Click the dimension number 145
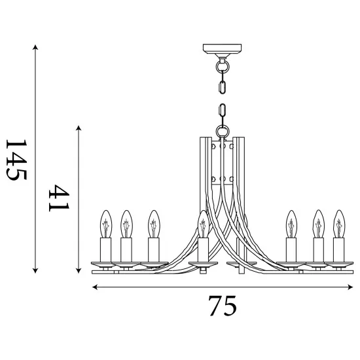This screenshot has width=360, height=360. coord(16,160)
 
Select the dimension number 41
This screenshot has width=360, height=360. coord(59,198)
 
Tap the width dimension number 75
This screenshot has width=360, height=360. coord(222,306)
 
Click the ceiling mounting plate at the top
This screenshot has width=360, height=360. coord(222,48)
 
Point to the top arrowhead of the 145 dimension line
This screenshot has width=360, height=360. coord(35,47)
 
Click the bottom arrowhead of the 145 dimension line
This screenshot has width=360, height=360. coord(35,271)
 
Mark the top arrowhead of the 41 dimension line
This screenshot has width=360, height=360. coord(79,128)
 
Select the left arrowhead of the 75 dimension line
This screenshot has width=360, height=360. coord(95,287)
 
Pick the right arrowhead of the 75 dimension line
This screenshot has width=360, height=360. coord(350,287)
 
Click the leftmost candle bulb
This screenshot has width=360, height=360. coord(106,224)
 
